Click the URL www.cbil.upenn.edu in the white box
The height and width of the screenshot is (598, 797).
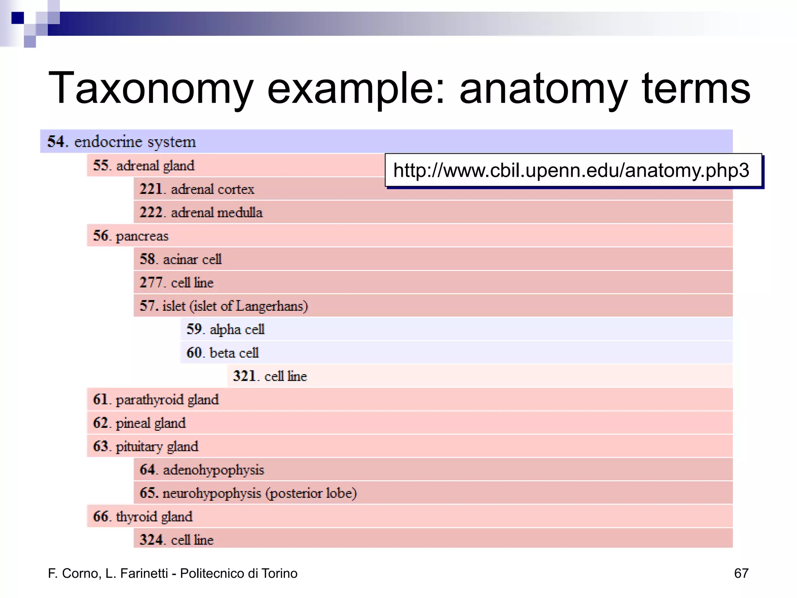[x=571, y=170]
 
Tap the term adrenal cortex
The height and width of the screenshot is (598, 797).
[x=212, y=189]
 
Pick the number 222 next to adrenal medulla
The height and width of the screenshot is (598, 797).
[x=151, y=213]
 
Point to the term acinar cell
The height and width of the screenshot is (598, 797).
[x=192, y=259]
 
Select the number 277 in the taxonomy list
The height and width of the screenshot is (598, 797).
[x=151, y=283]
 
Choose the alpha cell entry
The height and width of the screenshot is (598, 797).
[x=237, y=329]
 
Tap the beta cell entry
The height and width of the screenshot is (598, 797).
[x=234, y=353]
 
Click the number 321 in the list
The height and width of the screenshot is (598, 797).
[x=244, y=376]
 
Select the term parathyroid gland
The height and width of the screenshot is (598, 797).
[x=167, y=400]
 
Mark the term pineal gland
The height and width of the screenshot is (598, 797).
[x=151, y=423]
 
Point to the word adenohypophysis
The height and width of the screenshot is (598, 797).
[x=213, y=470]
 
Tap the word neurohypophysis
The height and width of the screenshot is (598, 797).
[x=212, y=493]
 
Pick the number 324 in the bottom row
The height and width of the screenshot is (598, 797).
[x=151, y=540]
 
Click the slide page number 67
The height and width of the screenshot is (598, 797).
[x=741, y=573]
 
